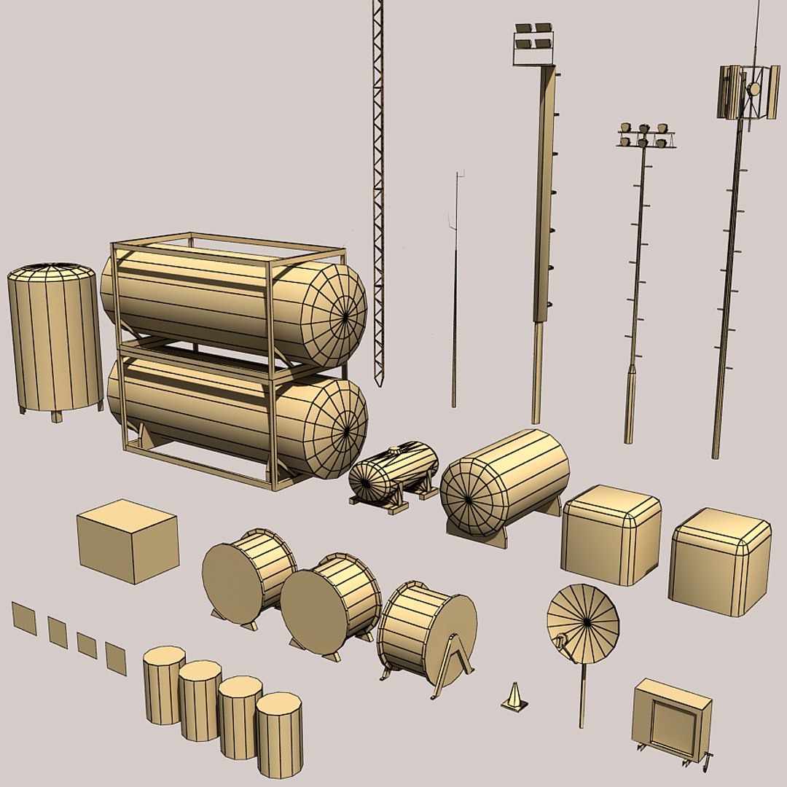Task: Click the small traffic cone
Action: tap(514, 698)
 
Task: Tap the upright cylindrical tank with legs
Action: tap(55, 339)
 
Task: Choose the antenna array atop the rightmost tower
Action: tap(748, 92)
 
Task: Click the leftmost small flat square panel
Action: tap(24, 618)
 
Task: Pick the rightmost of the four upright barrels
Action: tap(279, 735)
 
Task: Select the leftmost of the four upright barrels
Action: tap(163, 684)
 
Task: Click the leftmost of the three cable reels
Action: tap(248, 576)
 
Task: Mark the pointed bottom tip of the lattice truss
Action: tap(377, 382)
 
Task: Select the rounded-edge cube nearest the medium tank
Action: tap(611, 535)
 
